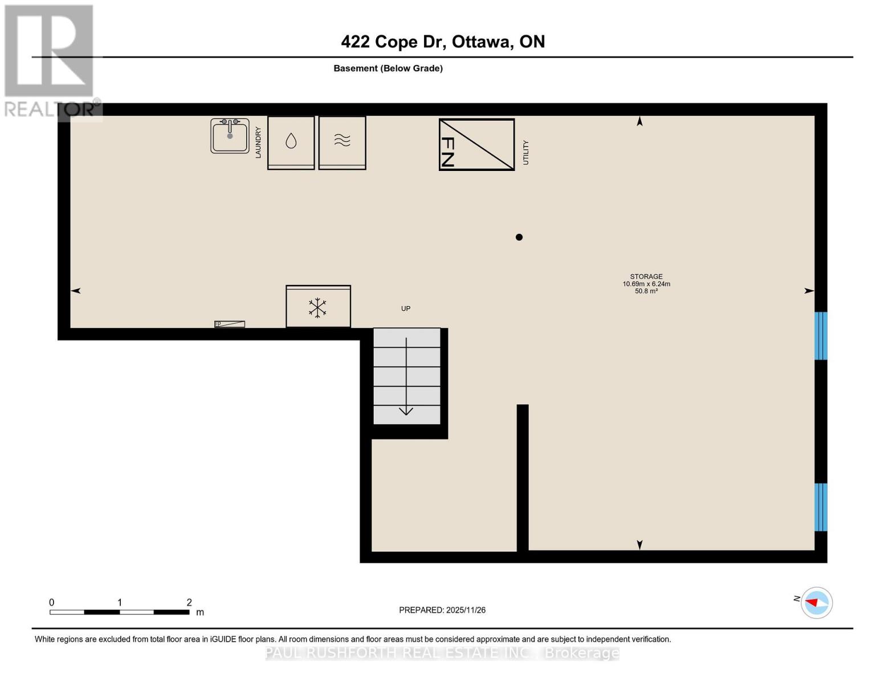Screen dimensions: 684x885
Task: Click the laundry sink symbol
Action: coord(230,136)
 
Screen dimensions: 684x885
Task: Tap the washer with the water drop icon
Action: coord(291,142)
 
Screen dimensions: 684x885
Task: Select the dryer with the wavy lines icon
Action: coord(342,142)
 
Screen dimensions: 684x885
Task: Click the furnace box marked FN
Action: coord(476,144)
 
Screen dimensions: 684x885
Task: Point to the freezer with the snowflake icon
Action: coord(318,307)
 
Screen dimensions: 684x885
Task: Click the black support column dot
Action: coord(519,237)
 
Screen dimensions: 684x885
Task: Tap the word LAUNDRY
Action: coord(258,142)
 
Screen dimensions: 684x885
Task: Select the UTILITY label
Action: coord(526,153)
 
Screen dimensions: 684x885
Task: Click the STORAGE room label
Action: coord(646,276)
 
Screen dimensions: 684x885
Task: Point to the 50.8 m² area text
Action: coord(646,291)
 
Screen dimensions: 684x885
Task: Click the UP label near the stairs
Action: coord(406,308)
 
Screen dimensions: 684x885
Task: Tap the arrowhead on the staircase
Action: coord(406,410)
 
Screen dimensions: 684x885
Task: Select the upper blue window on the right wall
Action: coord(821,336)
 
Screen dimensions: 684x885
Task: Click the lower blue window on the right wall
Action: coord(821,507)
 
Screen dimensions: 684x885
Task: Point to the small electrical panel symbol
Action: coord(230,324)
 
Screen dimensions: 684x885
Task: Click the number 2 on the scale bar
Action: coord(189,602)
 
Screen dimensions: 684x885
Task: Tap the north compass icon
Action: coord(816,602)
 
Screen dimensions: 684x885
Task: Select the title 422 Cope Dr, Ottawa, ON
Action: coord(443,42)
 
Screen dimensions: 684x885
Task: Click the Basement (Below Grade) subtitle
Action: coord(388,68)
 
